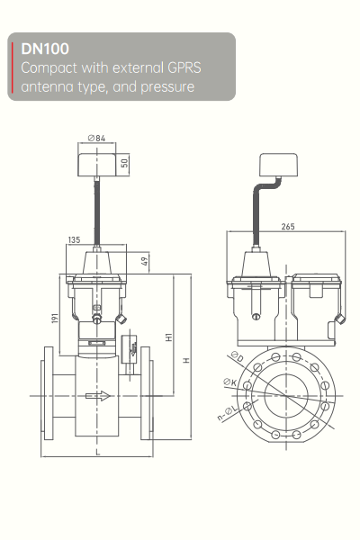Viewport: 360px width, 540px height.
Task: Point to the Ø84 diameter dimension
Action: tap(98, 138)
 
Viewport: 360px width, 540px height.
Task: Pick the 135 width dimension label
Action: tap(76, 240)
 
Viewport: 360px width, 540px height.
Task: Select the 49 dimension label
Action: tap(145, 261)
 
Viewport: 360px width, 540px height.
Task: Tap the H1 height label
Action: tap(167, 336)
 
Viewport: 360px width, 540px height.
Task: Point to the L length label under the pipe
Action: tap(96, 453)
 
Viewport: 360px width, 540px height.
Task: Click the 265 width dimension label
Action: tap(287, 226)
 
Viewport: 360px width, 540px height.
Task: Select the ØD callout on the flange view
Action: tap(236, 359)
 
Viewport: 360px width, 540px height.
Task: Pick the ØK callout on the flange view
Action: tap(230, 383)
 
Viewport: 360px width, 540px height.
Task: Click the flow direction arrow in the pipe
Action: tap(103, 394)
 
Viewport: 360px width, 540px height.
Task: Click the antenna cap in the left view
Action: tap(97, 165)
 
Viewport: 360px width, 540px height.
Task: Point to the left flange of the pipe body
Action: tap(46, 394)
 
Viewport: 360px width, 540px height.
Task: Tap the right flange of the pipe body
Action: tap(147, 394)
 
